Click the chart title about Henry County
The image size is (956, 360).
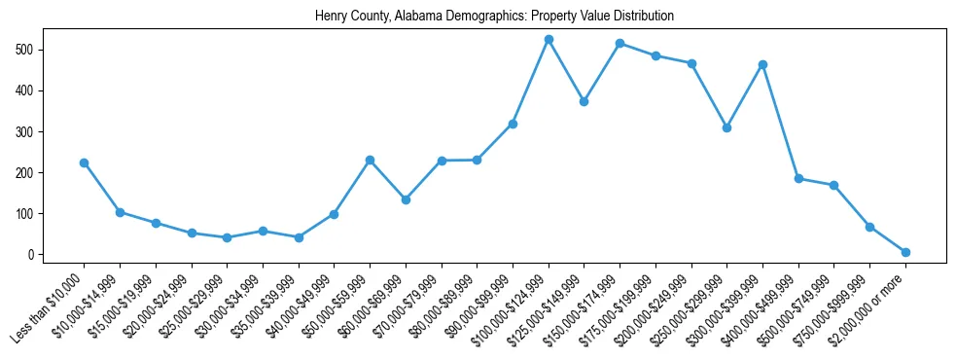pyautogui.click(x=494, y=17)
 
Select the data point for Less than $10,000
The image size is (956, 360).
pyautogui.click(x=84, y=162)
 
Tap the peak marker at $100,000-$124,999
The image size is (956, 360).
pyautogui.click(x=549, y=40)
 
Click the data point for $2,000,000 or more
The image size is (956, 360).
pyautogui.click(x=905, y=252)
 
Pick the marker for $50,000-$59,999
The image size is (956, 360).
pyautogui.click(x=370, y=160)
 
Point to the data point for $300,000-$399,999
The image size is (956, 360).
pyautogui.click(x=762, y=65)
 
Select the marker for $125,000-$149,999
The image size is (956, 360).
pyautogui.click(x=584, y=101)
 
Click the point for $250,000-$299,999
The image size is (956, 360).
pyautogui.click(x=726, y=127)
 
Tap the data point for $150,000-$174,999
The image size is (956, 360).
pyautogui.click(x=620, y=44)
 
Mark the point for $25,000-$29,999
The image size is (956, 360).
pyautogui.click(x=227, y=237)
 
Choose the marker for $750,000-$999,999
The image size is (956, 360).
pyautogui.click(x=869, y=227)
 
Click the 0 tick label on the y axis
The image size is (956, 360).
pyautogui.click(x=32, y=255)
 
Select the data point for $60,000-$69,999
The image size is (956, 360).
pyautogui.click(x=406, y=199)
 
